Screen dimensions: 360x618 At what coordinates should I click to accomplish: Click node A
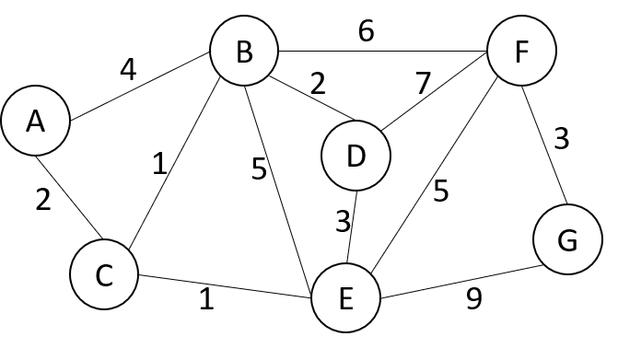coord(35,122)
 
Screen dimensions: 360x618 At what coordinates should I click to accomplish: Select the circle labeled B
coord(244,52)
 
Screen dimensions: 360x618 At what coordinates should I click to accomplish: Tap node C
coord(103,273)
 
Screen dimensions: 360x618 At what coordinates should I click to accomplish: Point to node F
coord(521,52)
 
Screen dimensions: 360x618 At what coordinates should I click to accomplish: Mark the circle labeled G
coord(566,241)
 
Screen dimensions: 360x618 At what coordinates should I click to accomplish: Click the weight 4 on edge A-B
coord(128,70)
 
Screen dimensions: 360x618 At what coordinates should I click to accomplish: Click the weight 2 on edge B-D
coord(318,86)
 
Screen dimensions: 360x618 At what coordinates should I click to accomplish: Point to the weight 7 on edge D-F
coord(423,84)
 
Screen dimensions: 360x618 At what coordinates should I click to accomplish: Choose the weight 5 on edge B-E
coord(259,169)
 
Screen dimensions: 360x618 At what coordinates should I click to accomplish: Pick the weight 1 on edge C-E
coord(206,301)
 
